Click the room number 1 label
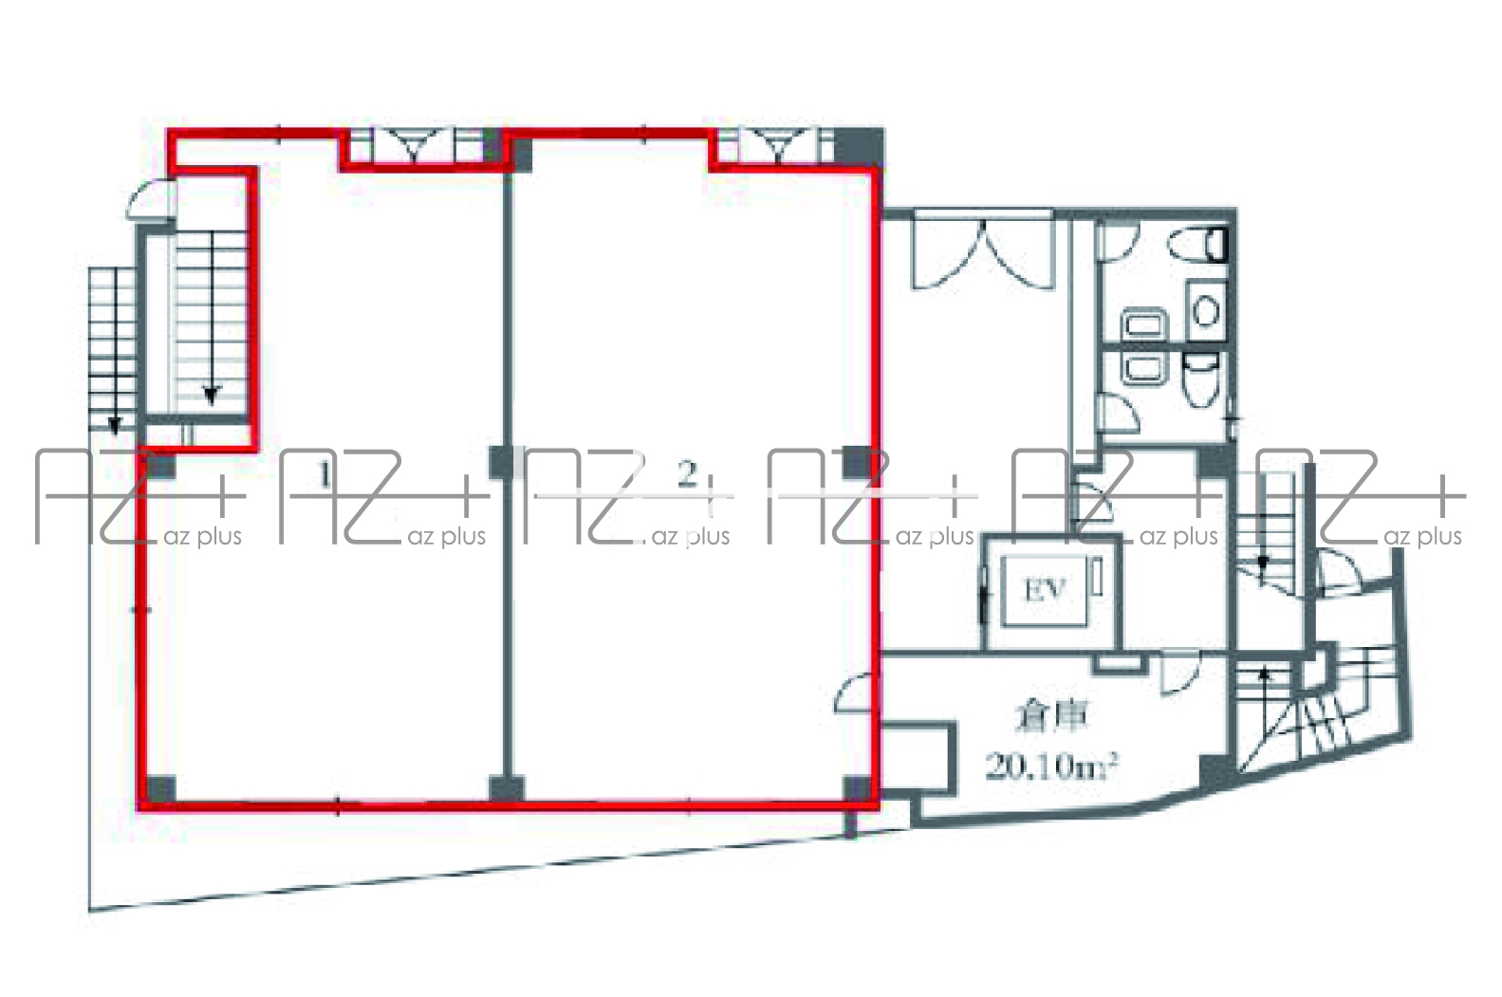[325, 475]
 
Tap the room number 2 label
[687, 474]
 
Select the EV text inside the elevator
[1046, 590]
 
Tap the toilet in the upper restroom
[1198, 244]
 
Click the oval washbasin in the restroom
[1206, 311]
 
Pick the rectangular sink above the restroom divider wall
[1144, 325]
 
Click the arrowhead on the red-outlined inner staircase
[212, 397]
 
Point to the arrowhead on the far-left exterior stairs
[114, 425]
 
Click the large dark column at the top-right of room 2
[859, 148]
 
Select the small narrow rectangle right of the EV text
[1098, 575]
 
